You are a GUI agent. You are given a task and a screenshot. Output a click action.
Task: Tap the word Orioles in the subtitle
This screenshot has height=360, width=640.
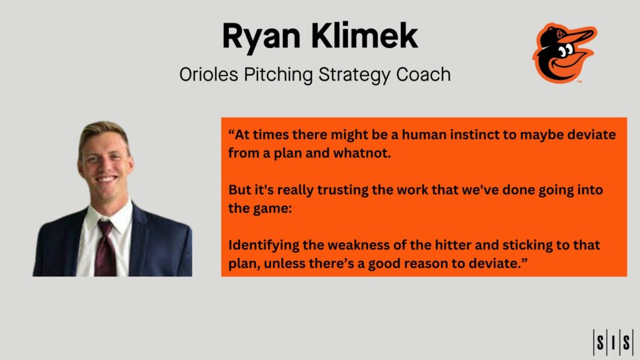[207, 74]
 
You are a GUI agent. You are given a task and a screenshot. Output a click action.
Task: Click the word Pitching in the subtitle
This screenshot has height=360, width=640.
[274, 74]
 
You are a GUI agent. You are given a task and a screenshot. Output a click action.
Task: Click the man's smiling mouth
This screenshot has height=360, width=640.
[107, 179]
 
